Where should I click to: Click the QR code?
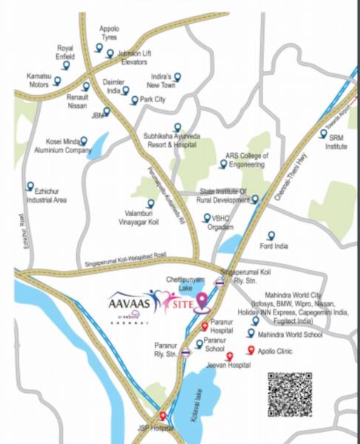[290, 394]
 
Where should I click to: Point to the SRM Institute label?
[337, 142]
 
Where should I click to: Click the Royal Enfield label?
[65, 53]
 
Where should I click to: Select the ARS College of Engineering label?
[247, 161]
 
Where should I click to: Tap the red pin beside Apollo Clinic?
[250, 351]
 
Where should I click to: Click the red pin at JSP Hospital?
[163, 416]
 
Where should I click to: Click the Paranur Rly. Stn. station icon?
[188, 351]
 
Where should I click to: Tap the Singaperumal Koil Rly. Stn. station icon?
[220, 282]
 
